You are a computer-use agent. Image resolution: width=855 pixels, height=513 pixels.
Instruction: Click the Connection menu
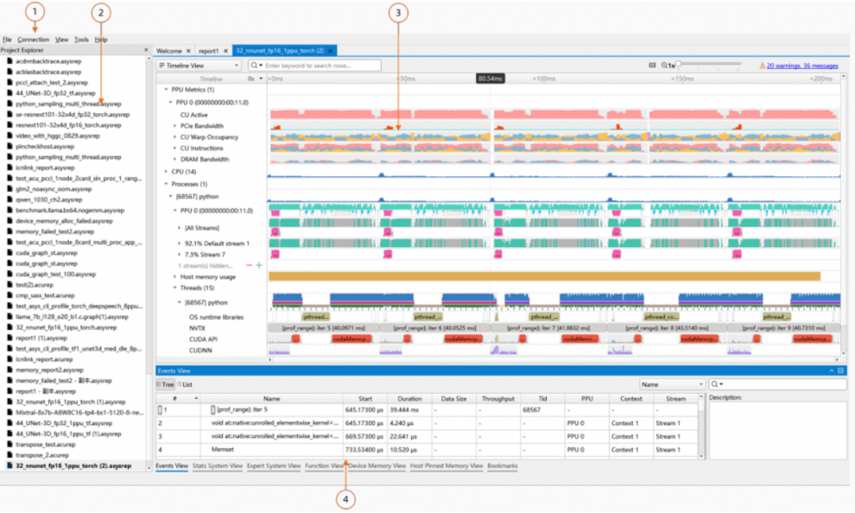coord(34,40)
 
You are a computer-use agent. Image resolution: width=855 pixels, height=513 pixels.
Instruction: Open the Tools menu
coord(81,40)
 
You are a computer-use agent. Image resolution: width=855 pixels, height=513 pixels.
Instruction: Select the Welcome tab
coord(169,51)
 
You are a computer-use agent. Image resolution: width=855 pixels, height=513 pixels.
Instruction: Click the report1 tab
coord(208,51)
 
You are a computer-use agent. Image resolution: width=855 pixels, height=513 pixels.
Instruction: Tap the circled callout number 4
coord(345,499)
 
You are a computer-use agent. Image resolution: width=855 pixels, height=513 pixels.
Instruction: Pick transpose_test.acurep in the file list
coord(48,444)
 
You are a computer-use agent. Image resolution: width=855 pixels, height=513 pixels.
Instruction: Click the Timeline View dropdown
coord(201,65)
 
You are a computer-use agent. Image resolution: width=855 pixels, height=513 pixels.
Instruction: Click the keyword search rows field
coord(320,66)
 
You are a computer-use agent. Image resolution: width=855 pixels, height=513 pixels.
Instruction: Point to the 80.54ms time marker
coord(490,79)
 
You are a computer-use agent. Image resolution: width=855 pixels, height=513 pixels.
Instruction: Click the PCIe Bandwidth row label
coord(202,126)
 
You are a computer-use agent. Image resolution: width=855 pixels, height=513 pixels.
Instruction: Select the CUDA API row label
coord(203,339)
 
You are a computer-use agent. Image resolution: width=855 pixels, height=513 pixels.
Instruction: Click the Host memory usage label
coord(208,276)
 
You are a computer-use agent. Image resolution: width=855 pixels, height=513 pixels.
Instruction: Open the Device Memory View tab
coord(377,466)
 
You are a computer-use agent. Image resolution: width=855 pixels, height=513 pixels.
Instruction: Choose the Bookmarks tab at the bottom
coord(503,466)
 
